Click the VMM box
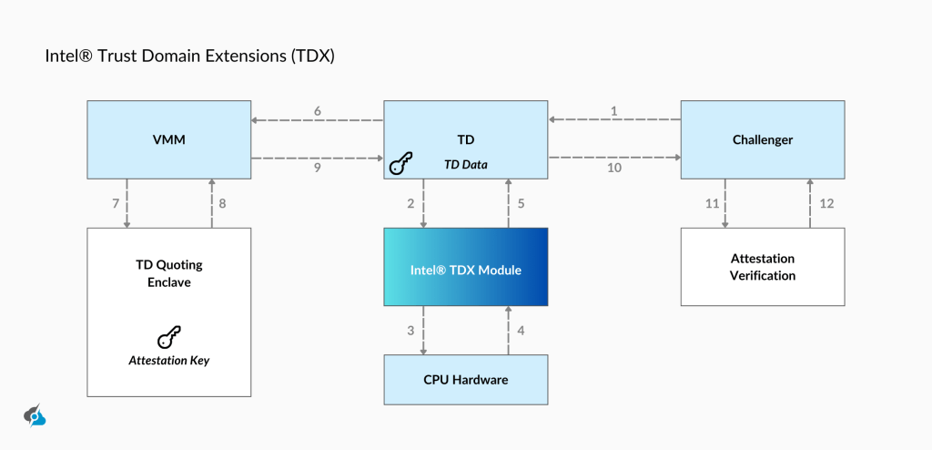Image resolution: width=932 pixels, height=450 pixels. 168,139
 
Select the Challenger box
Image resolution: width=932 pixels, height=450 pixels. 763,139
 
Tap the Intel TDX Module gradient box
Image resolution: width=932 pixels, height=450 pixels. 466,271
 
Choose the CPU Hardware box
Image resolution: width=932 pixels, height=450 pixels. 466,380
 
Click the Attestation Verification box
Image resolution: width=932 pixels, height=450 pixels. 763,267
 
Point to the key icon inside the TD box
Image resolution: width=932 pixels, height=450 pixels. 400,165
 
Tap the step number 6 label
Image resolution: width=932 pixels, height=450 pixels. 318,111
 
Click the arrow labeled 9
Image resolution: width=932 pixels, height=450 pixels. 318,159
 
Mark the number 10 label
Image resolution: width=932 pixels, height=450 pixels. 614,168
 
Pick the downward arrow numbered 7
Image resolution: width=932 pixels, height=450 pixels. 127,203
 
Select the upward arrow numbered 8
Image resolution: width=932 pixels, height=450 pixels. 211,203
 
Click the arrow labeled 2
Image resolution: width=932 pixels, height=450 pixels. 423,203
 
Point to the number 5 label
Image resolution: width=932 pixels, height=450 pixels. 521,203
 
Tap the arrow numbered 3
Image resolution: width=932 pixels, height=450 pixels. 423,331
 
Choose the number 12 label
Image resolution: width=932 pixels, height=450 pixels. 826,203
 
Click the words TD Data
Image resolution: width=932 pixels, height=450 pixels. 466,165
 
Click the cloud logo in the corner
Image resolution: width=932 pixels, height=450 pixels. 35,414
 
